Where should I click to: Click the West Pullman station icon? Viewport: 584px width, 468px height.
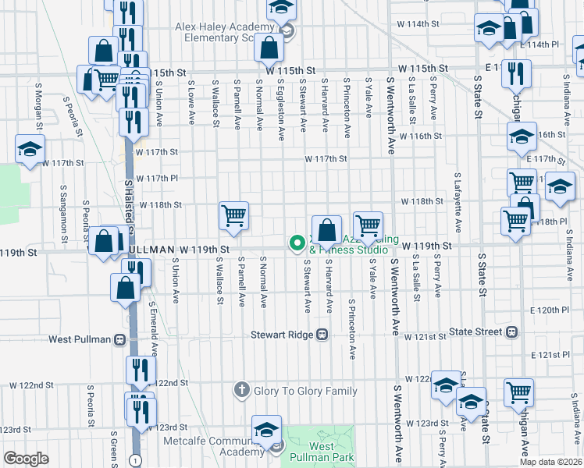(x=120, y=339)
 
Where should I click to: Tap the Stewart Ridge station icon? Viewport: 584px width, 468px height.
(x=321, y=335)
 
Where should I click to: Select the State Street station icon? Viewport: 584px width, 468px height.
(x=512, y=331)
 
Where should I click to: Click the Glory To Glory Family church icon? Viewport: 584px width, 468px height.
(x=242, y=388)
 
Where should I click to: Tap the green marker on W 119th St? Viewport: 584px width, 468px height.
(x=297, y=244)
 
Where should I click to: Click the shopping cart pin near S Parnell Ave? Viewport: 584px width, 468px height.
(x=234, y=215)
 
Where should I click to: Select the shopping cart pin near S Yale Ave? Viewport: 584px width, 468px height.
(x=368, y=225)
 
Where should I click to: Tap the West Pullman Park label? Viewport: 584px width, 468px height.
(x=322, y=452)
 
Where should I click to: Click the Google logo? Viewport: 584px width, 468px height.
(x=26, y=459)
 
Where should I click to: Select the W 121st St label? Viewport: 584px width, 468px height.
(x=425, y=336)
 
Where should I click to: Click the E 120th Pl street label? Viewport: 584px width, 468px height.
(x=548, y=310)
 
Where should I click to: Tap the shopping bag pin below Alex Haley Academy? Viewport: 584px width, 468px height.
(x=269, y=48)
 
